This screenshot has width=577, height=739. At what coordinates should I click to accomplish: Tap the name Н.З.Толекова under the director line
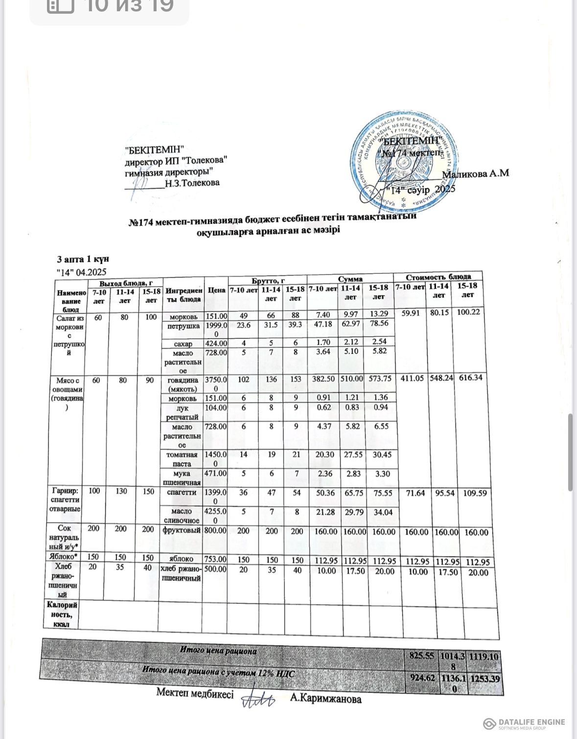[192, 183]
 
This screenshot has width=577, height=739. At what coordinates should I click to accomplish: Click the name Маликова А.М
[476, 174]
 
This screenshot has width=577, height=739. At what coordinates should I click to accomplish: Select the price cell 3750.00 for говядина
[215, 384]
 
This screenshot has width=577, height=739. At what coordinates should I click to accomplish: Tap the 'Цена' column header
[215, 290]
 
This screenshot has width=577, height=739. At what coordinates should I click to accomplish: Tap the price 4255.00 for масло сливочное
[215, 516]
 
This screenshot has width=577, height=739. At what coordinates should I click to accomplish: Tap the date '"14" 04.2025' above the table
[82, 271]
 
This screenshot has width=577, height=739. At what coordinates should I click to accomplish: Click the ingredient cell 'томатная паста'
[182, 459]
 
